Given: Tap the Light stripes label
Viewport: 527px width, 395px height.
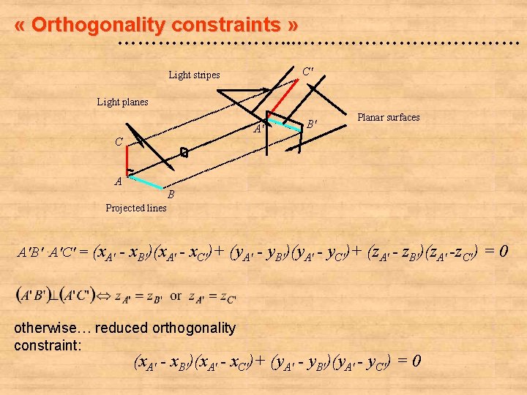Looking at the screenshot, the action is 194,75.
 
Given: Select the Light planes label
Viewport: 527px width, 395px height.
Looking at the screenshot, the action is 122,102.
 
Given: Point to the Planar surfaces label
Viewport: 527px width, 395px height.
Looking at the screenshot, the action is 388,117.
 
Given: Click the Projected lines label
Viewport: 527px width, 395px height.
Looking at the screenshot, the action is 136,208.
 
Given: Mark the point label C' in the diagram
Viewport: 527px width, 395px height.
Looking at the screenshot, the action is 308,71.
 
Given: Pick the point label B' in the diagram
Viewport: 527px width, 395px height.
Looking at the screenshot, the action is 311,124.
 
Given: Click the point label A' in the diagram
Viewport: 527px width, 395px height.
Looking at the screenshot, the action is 258,129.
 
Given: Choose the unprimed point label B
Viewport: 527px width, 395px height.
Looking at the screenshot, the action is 171,194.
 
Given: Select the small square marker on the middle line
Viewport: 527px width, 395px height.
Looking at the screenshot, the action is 184,152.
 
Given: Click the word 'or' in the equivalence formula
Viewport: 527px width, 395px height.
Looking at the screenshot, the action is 176,296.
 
